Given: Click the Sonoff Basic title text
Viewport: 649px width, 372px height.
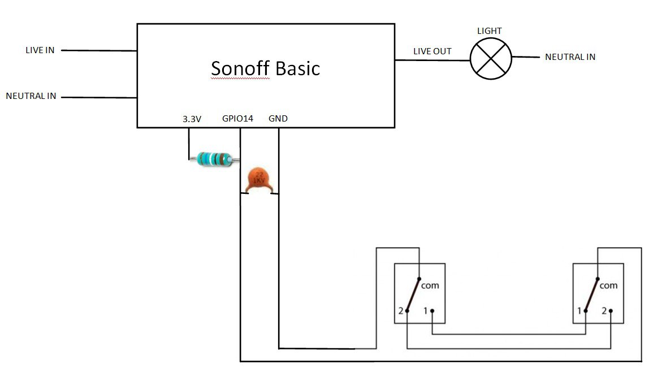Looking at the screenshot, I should tap(265, 68).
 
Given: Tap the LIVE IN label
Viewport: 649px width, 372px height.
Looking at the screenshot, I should tap(40, 50).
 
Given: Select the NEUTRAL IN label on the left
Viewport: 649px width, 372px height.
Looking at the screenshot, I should tap(31, 96).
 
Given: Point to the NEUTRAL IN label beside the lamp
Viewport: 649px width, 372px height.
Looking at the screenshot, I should tap(570, 57).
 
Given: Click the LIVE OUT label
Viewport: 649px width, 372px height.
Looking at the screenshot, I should tap(432, 51).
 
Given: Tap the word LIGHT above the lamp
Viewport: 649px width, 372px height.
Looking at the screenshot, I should tap(490, 31).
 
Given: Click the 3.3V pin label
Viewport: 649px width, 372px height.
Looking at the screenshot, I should tap(192, 119).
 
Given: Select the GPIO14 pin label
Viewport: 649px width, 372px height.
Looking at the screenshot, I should tap(237, 119).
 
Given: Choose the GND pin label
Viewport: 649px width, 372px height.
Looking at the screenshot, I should tap(278, 119).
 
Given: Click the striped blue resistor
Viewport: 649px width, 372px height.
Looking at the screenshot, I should tap(214, 159).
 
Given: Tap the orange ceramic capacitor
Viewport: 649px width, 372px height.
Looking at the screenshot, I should tap(258, 179).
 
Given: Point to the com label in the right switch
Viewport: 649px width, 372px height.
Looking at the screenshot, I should tap(608, 286).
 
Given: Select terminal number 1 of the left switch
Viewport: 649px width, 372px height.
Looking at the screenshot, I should tap(426, 310).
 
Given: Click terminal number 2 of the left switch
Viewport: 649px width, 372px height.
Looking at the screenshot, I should tap(400, 311).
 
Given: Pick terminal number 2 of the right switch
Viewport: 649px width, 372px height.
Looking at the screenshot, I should tap(604, 311).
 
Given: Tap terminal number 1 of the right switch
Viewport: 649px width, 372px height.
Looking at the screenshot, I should tap(579, 311).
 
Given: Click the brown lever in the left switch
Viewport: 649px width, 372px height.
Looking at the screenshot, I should tap(413, 294).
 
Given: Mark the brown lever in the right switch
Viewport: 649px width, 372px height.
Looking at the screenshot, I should tap(592, 294).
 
